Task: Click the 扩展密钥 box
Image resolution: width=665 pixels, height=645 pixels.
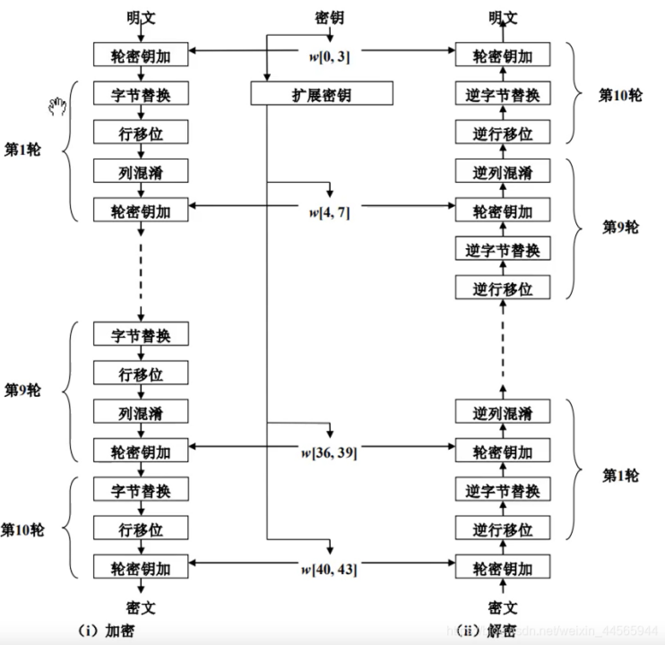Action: click(321, 94)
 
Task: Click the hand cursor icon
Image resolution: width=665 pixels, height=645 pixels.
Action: click(57, 107)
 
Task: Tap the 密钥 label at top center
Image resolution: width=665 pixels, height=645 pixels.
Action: click(329, 18)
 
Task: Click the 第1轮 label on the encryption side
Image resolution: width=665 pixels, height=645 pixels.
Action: click(22, 150)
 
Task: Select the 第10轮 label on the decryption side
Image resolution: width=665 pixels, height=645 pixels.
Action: click(620, 95)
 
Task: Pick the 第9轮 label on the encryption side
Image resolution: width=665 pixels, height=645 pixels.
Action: click(22, 390)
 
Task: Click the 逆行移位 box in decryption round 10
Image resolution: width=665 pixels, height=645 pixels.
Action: click(502, 133)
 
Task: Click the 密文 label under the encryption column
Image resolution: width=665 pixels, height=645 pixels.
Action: click(141, 608)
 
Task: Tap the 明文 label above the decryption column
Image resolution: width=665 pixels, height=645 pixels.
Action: click(503, 18)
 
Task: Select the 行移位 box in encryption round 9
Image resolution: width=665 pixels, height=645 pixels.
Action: click(141, 373)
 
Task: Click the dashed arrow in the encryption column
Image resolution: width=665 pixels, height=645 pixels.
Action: click(141, 273)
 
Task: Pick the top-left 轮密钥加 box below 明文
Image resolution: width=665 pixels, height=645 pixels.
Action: click(141, 55)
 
